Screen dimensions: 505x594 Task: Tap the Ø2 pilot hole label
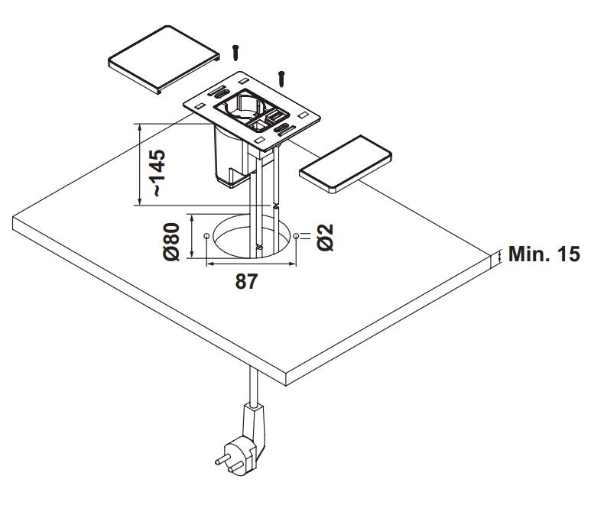click(x=324, y=238)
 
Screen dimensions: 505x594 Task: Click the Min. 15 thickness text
click(x=545, y=254)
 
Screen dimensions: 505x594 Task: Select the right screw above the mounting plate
click(x=283, y=76)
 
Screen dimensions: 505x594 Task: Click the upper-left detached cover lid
click(x=165, y=58)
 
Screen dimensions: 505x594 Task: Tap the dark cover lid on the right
click(x=346, y=164)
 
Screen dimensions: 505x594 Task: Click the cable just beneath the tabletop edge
click(x=249, y=389)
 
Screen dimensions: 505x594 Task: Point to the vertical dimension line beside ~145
click(x=138, y=163)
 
